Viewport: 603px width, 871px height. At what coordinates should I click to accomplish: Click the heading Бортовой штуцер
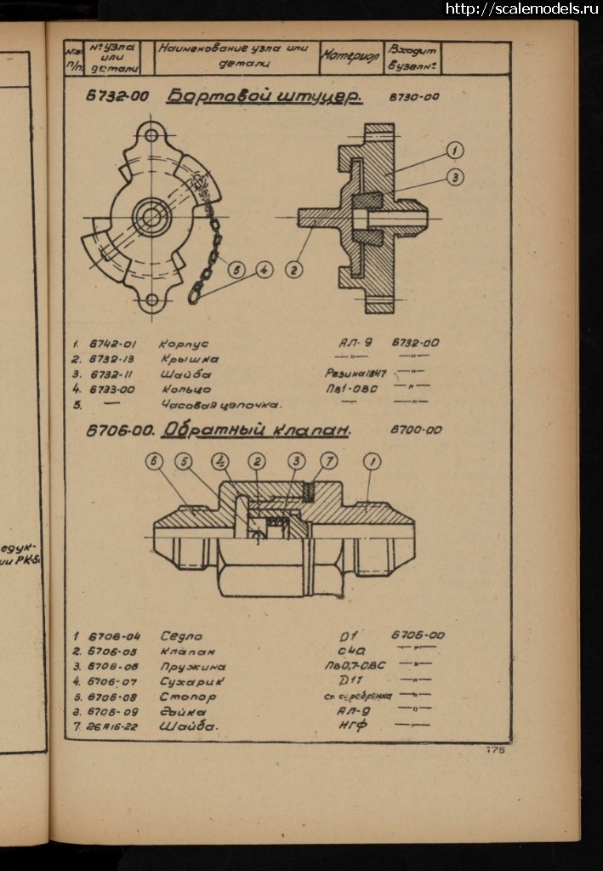264,96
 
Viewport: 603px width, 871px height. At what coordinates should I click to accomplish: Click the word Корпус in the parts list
183,344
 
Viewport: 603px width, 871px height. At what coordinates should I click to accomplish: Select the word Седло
181,636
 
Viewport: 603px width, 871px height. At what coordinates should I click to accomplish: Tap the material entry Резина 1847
356,374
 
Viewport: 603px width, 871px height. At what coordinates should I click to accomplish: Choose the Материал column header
350,57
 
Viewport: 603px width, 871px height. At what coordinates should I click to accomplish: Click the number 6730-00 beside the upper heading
414,97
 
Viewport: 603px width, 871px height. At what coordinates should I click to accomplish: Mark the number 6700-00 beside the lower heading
416,430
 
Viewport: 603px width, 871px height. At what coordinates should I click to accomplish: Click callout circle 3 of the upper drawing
455,177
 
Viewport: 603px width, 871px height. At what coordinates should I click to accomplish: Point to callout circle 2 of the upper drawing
293,270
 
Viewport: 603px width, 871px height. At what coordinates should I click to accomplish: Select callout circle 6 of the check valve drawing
154,461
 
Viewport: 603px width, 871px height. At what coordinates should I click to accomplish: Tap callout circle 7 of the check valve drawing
328,461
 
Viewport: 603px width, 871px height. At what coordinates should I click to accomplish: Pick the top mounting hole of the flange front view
152,134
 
